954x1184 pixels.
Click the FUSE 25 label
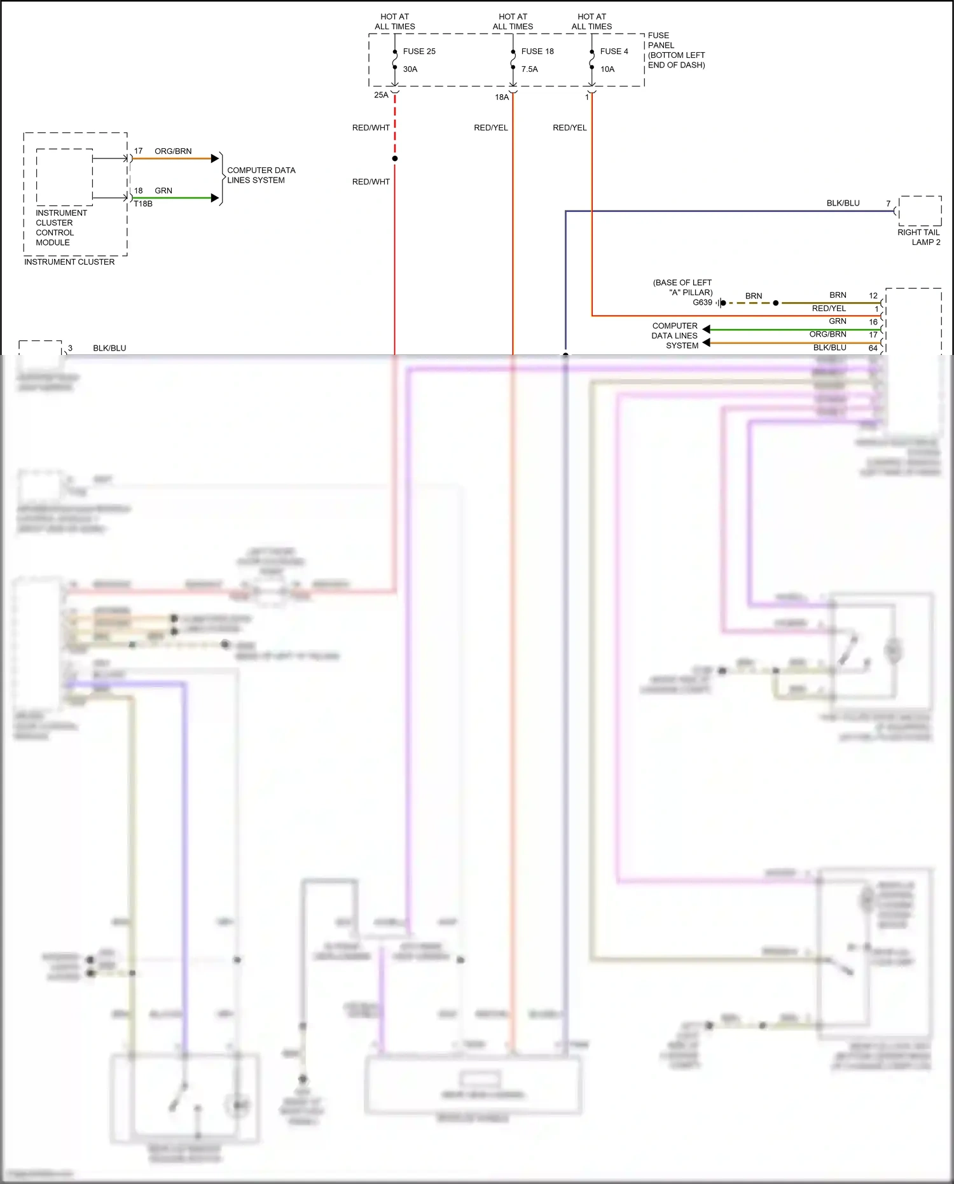pyautogui.click(x=419, y=52)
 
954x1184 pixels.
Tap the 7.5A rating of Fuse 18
pyautogui.click(x=530, y=69)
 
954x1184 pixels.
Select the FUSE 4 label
pyautogui.click(x=614, y=52)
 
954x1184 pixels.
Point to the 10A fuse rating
pyautogui.click(x=607, y=69)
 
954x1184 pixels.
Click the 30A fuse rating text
pyautogui.click(x=410, y=69)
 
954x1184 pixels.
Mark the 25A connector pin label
pyautogui.click(x=381, y=95)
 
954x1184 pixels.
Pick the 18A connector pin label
pyautogui.click(x=502, y=97)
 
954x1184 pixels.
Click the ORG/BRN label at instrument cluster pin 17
pyautogui.click(x=173, y=151)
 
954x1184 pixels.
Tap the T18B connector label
pyautogui.click(x=143, y=204)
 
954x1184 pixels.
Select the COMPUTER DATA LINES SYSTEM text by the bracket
pyautogui.click(x=261, y=175)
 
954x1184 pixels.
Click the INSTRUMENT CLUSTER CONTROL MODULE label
pyautogui.click(x=61, y=228)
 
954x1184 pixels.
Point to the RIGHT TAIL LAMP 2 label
pyautogui.click(x=919, y=237)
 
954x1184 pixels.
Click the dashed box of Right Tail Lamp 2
pyautogui.click(x=920, y=211)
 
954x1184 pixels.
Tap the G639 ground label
pyautogui.click(x=702, y=303)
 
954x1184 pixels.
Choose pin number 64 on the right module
pyautogui.click(x=873, y=348)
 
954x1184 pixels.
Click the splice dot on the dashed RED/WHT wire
pyautogui.click(x=395, y=158)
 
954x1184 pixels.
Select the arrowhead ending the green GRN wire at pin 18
pyautogui.click(x=215, y=198)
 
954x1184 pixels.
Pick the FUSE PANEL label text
pyautogui.click(x=676, y=50)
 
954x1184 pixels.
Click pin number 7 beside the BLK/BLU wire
pyautogui.click(x=888, y=204)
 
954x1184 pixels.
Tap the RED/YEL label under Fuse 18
pyautogui.click(x=491, y=128)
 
